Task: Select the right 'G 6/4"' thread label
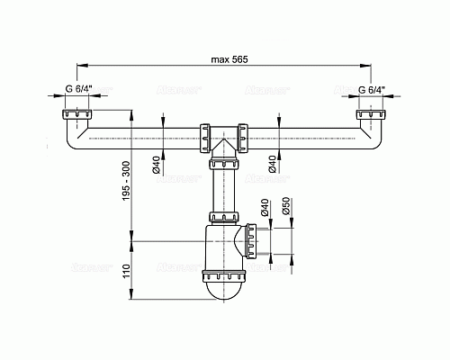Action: [371, 90]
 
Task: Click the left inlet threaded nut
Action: [77, 116]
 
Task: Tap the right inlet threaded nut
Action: [370, 116]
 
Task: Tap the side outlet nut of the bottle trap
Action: [250, 241]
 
